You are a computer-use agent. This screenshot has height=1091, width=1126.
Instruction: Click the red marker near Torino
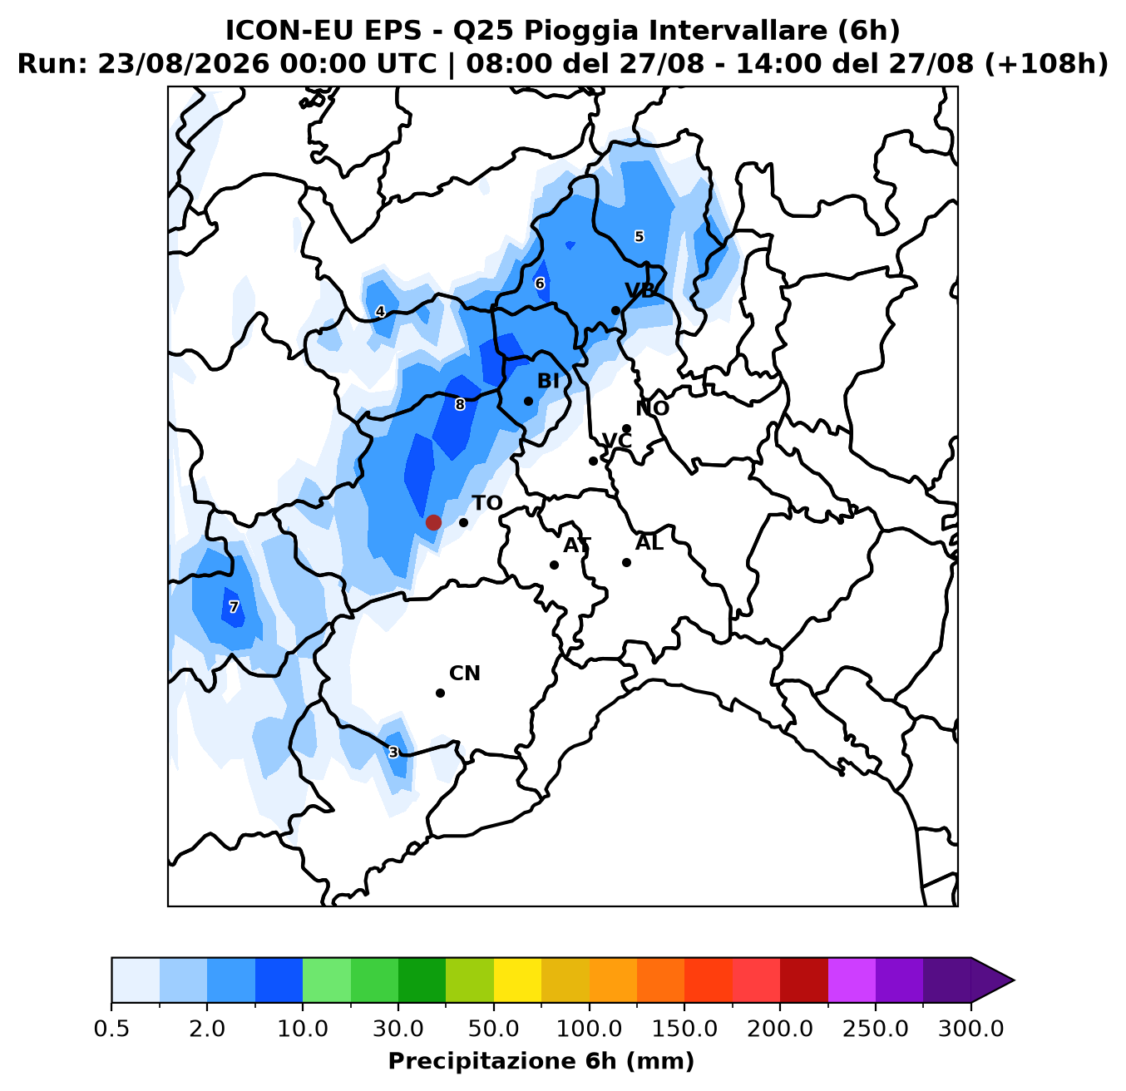coord(433,522)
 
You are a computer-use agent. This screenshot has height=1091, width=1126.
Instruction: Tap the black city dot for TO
coord(463,522)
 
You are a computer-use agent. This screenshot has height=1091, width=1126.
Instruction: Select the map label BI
coord(548,381)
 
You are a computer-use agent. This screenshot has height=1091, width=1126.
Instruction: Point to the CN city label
coord(465,674)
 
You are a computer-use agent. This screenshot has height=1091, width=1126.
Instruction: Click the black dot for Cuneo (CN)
coord(440,693)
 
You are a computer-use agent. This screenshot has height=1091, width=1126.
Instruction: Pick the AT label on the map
coord(577,545)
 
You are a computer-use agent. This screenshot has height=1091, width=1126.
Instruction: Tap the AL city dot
coord(626,562)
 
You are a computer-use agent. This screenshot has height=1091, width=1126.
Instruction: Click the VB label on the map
coord(640,290)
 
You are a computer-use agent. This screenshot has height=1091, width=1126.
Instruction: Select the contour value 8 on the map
coord(459,404)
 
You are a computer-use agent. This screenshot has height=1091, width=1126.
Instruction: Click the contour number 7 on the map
coord(233,607)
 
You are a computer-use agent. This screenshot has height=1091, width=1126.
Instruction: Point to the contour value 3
coord(393,752)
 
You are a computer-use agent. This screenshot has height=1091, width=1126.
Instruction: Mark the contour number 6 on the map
coord(539,283)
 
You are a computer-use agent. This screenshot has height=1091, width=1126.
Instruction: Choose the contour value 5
coord(639,236)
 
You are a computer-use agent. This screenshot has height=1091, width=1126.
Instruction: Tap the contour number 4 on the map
coord(379,311)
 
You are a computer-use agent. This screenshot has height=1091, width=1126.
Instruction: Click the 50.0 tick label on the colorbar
coord(494,1029)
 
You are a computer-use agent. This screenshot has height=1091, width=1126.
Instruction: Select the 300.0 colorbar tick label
coord(970,1029)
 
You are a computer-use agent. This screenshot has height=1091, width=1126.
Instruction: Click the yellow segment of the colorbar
coord(517,980)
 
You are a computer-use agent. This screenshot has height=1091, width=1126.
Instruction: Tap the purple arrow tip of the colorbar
coord(1014,980)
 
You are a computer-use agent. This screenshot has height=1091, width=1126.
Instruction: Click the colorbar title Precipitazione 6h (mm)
coord(541,1061)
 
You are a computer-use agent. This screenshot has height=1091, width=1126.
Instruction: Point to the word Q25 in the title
coord(484,31)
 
